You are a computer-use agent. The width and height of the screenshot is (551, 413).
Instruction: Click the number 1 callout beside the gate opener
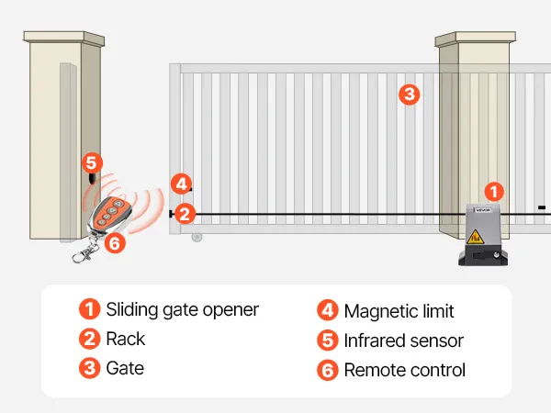[x=494, y=192]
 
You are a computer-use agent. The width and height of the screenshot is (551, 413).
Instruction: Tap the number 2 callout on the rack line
[x=185, y=214]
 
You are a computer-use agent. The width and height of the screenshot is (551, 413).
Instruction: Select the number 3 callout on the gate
[x=410, y=93]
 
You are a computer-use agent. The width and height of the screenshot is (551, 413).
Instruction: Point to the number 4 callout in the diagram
[x=182, y=184]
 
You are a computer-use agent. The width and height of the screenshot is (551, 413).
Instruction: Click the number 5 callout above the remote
[x=90, y=163]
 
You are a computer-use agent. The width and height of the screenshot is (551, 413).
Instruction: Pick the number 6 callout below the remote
[x=114, y=243]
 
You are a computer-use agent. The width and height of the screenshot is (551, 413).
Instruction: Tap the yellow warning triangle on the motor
[x=478, y=240]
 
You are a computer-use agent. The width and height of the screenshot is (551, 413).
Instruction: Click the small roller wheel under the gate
[x=197, y=237]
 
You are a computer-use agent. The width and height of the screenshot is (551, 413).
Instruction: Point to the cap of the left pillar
[x=63, y=38]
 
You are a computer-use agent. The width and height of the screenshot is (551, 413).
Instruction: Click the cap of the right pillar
[x=471, y=39]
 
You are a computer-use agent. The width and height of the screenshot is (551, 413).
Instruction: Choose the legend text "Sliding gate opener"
[x=182, y=309]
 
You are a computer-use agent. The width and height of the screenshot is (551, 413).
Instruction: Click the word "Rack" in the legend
[x=126, y=339]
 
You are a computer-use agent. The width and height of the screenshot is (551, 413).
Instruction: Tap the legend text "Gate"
[x=125, y=369]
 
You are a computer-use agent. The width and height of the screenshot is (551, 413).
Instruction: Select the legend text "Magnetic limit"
[x=399, y=312]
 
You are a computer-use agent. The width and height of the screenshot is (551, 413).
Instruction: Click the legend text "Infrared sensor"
[x=403, y=340]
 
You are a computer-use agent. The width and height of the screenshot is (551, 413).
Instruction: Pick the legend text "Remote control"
[x=404, y=370]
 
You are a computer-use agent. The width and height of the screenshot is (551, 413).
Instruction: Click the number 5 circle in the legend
[x=328, y=340]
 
